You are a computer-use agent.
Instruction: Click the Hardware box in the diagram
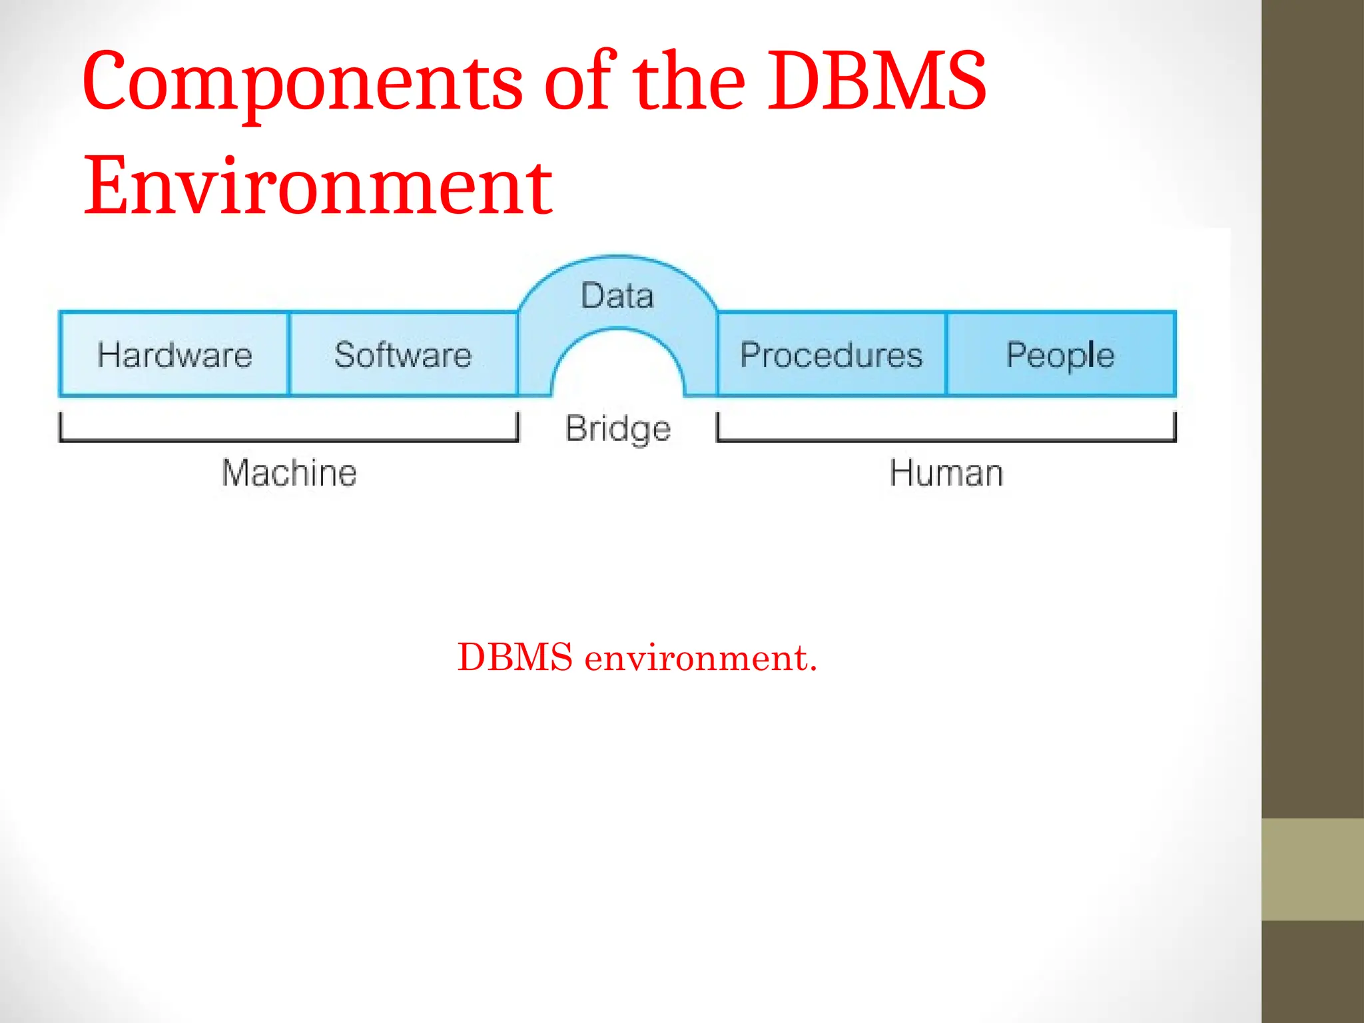pyautogui.click(x=174, y=354)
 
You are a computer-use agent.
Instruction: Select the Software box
pyautogui.click(x=403, y=354)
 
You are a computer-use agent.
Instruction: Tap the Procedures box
pyautogui.click(x=831, y=354)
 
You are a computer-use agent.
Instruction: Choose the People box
pyautogui.click(x=1060, y=354)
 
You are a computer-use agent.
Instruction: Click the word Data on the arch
pyautogui.click(x=617, y=296)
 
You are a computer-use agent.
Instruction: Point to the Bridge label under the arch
pyautogui.click(x=617, y=428)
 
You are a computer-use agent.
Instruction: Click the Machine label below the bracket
pyautogui.click(x=289, y=473)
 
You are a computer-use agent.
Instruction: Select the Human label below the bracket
pyautogui.click(x=946, y=473)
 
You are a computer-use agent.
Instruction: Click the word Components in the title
pyautogui.click(x=303, y=83)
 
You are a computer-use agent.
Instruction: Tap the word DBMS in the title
pyautogui.click(x=876, y=82)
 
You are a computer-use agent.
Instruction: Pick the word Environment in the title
pyautogui.click(x=318, y=186)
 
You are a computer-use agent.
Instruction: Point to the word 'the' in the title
pyautogui.click(x=688, y=82)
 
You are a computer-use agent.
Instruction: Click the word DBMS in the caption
pyautogui.click(x=515, y=657)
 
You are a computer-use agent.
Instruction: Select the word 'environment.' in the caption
pyautogui.click(x=701, y=658)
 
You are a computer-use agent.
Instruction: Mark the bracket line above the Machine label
pyautogui.click(x=289, y=440)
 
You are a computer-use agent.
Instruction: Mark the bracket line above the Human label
pyautogui.click(x=946, y=440)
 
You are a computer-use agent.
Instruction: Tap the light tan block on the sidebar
pyautogui.click(x=1313, y=869)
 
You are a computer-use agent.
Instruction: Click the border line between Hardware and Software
pyautogui.click(x=289, y=354)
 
